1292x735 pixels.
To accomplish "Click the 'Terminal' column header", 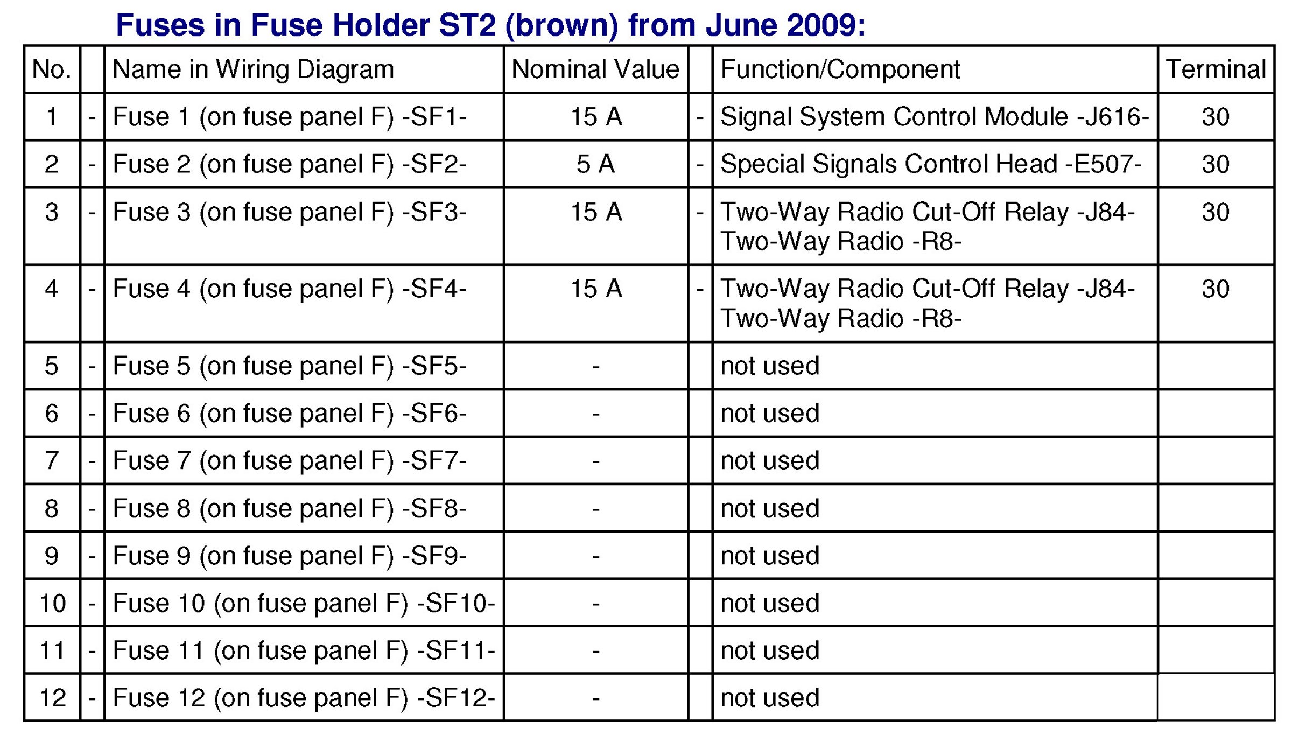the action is click(1216, 69).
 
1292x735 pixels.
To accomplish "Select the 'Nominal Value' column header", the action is click(595, 69).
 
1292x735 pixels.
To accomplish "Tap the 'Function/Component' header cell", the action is click(840, 69).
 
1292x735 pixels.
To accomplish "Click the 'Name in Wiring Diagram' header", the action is click(253, 70).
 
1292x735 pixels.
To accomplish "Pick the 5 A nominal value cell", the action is click(595, 164).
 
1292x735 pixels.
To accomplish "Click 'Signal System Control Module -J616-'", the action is click(935, 117).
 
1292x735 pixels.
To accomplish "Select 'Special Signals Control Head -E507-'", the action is click(931, 164).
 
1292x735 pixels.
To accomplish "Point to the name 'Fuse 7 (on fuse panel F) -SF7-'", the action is click(290, 461).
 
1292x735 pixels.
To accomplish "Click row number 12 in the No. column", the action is click(53, 698).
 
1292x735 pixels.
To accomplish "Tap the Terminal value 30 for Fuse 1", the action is click(1216, 117).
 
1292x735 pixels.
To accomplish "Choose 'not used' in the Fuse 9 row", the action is click(770, 556).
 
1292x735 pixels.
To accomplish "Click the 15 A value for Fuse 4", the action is click(596, 289).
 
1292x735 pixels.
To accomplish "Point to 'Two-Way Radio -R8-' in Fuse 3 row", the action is click(841, 241).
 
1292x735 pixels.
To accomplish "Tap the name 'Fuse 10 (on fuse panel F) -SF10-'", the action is click(304, 603).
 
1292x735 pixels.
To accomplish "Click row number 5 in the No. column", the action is click(52, 366).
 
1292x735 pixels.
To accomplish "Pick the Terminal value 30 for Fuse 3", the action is click(1216, 212).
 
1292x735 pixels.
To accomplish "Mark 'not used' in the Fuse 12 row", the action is click(770, 698).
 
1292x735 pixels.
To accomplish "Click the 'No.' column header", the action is click(52, 69).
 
